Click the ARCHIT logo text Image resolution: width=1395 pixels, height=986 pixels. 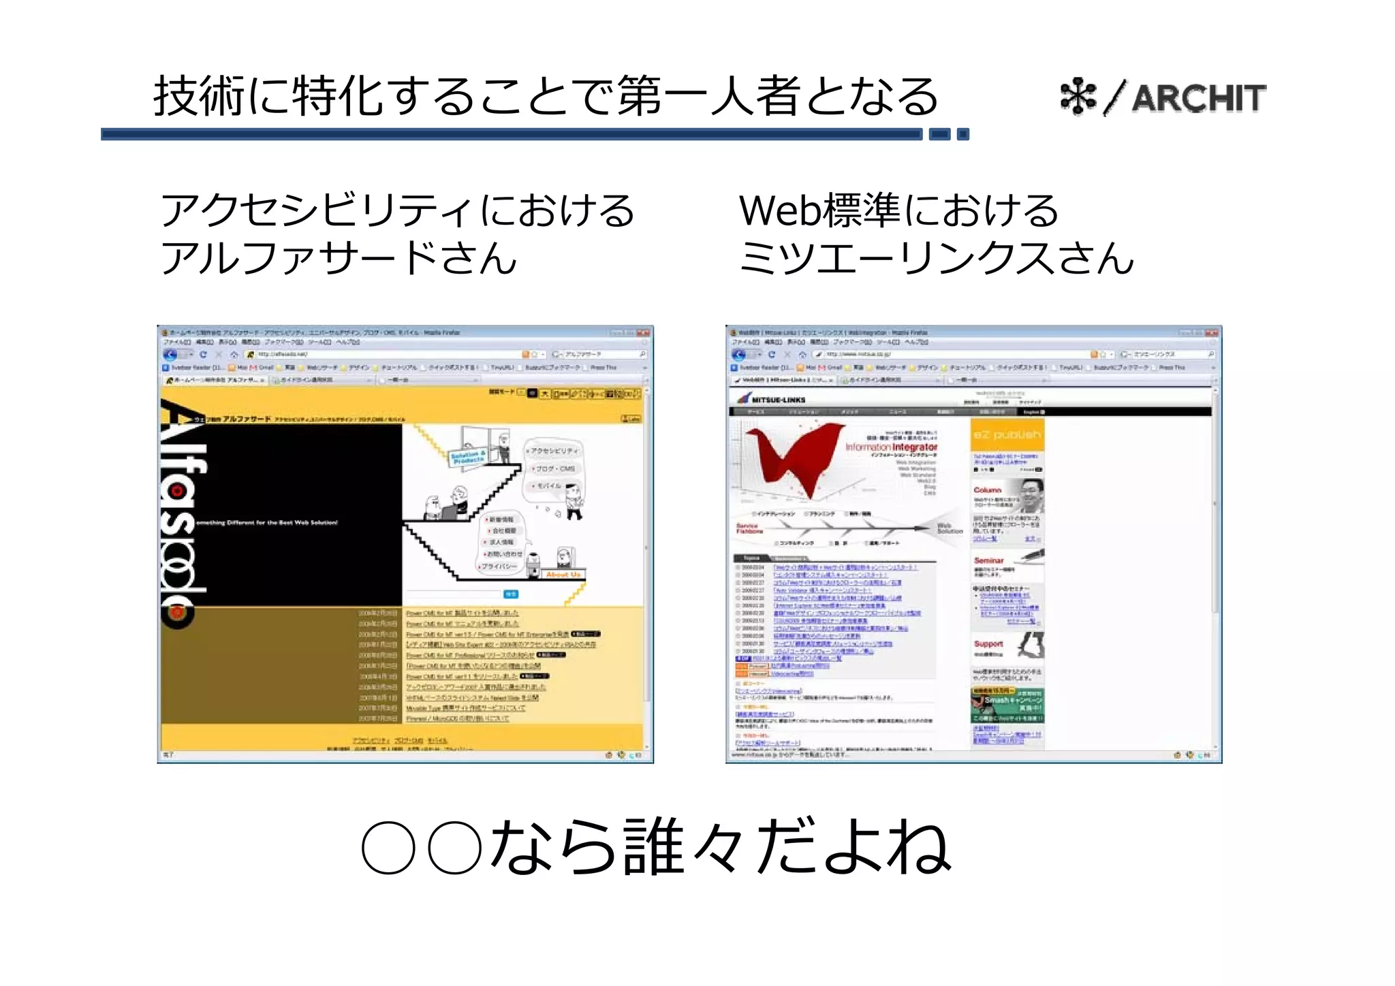pos(1198,98)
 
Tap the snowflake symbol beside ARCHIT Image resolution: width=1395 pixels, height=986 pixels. pos(1078,97)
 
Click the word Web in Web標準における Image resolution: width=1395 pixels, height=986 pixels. pos(781,210)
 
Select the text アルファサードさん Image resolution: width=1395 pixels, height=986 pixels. pos(339,259)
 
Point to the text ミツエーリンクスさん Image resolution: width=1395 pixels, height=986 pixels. pos(937,259)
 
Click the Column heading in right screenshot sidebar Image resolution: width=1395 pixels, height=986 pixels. pos(987,490)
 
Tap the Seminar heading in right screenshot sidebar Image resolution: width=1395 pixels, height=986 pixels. pos(988,560)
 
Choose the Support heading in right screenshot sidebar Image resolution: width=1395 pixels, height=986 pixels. pos(988,643)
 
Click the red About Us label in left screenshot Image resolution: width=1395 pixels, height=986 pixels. pos(563,575)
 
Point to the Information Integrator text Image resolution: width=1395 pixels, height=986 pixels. pos(892,447)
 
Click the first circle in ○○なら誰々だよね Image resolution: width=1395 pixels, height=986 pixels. pos(388,848)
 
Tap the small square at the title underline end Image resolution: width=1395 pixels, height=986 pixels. pos(962,134)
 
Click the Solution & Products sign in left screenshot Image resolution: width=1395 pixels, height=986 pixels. pos(469,457)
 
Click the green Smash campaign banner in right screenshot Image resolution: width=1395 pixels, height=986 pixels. pos(1007,704)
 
